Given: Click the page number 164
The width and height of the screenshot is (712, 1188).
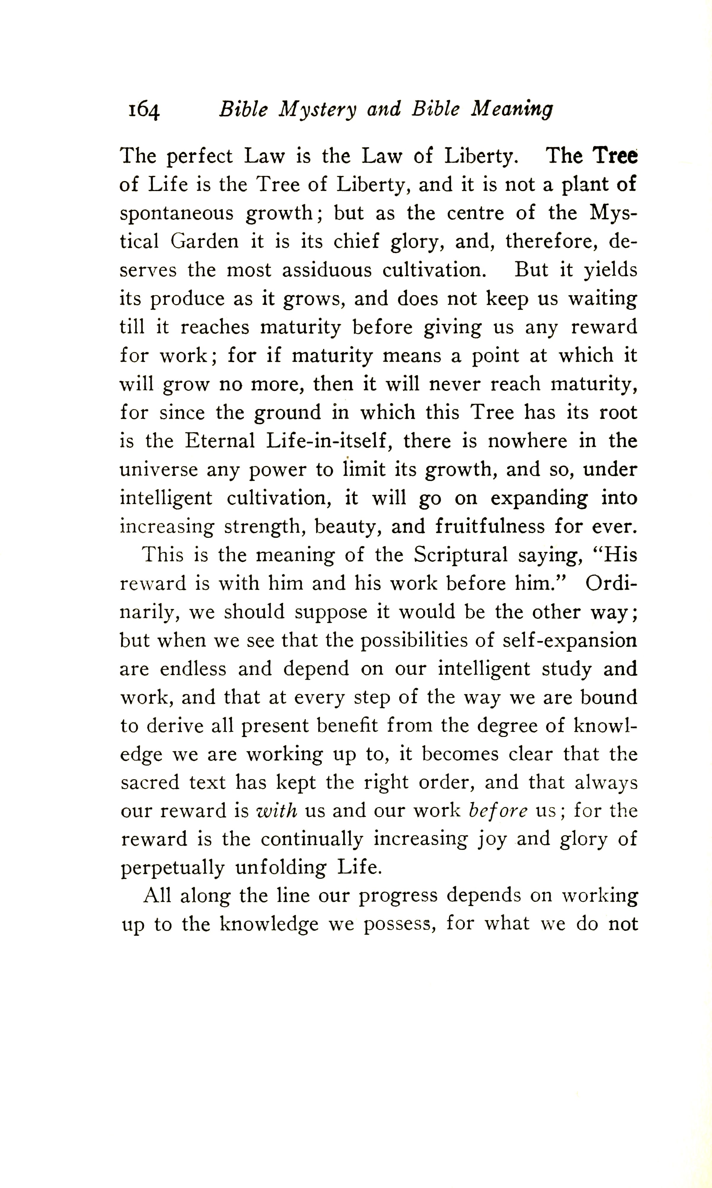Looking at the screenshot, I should pos(143,110).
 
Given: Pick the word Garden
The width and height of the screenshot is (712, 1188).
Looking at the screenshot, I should pos(205,241).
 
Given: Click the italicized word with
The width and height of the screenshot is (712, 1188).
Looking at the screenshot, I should pos(277,811).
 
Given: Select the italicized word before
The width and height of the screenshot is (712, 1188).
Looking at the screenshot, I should pos(498,811).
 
